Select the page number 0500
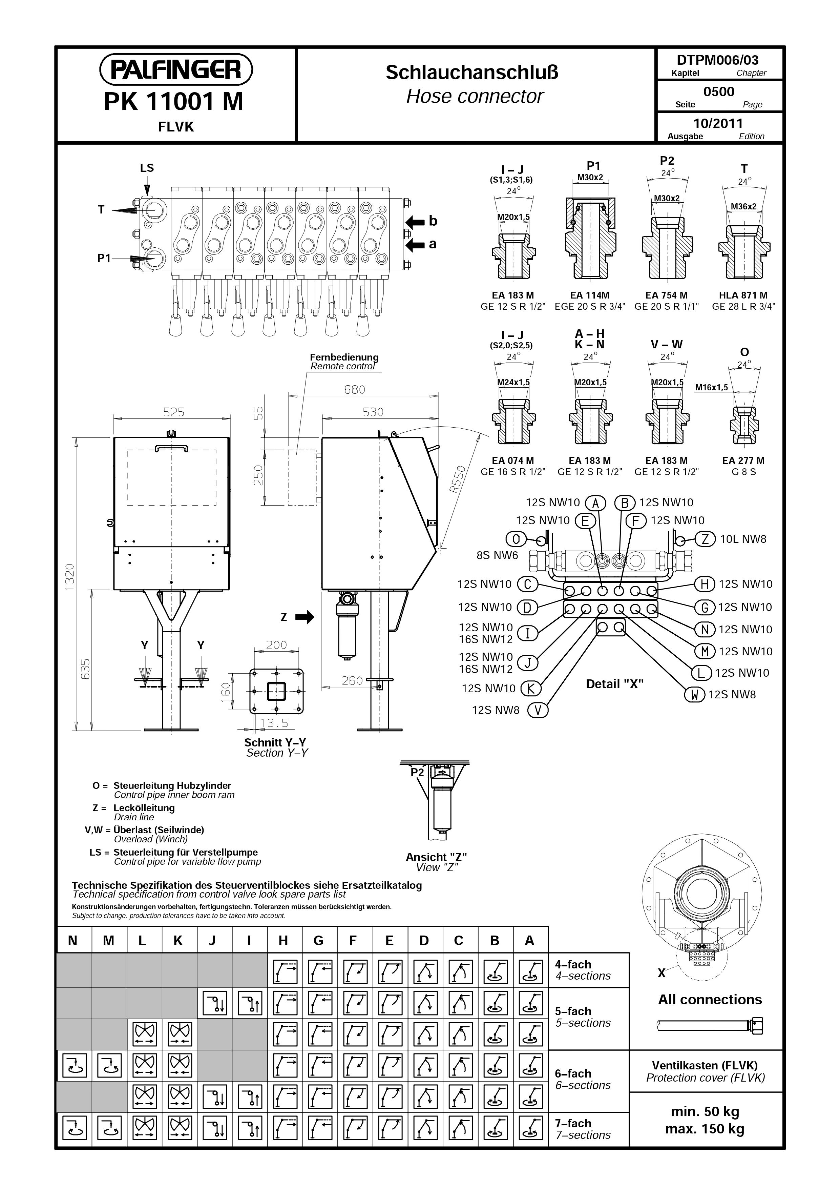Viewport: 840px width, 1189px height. (x=719, y=92)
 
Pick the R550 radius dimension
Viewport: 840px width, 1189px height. (x=458, y=480)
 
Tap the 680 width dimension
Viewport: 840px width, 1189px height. (x=355, y=389)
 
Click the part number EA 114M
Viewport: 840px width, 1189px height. (x=589, y=295)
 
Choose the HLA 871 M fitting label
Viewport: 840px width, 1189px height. (x=743, y=295)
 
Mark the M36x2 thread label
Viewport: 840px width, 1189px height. (x=743, y=207)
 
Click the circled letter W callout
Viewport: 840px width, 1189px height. (x=695, y=694)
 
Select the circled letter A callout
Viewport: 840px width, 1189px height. (x=596, y=503)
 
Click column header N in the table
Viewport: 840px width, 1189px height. (x=73, y=940)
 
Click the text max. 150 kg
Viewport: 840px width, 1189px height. (x=705, y=1129)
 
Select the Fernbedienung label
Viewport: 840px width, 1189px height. (x=344, y=357)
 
